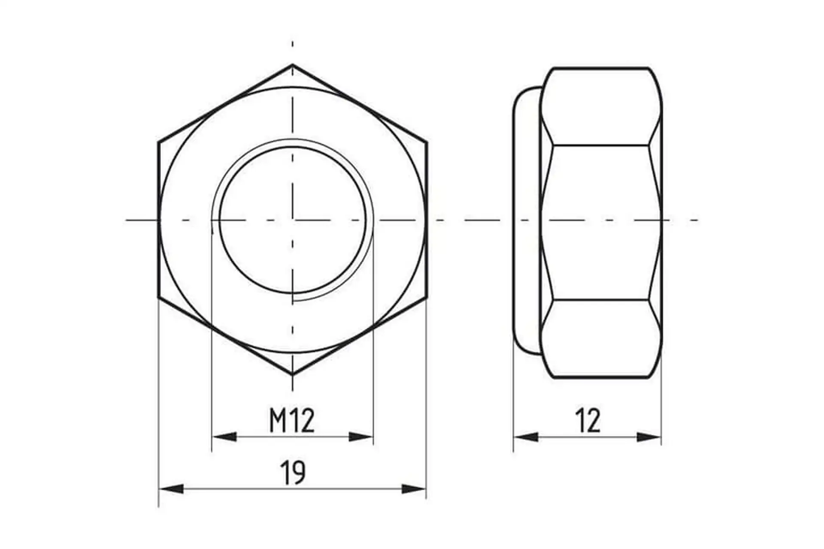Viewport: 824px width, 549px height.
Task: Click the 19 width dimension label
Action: click(293, 472)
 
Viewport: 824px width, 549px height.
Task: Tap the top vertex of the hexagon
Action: click(293, 65)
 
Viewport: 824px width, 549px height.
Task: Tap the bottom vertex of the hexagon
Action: click(293, 374)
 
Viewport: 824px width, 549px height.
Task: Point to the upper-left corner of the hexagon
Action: click(159, 142)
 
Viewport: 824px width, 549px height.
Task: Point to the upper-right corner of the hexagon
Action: click(427, 142)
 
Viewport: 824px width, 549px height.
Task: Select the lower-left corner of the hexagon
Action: click(159, 297)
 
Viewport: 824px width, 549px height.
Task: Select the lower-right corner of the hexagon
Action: click(427, 297)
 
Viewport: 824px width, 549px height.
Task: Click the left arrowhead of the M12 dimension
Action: click(224, 437)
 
